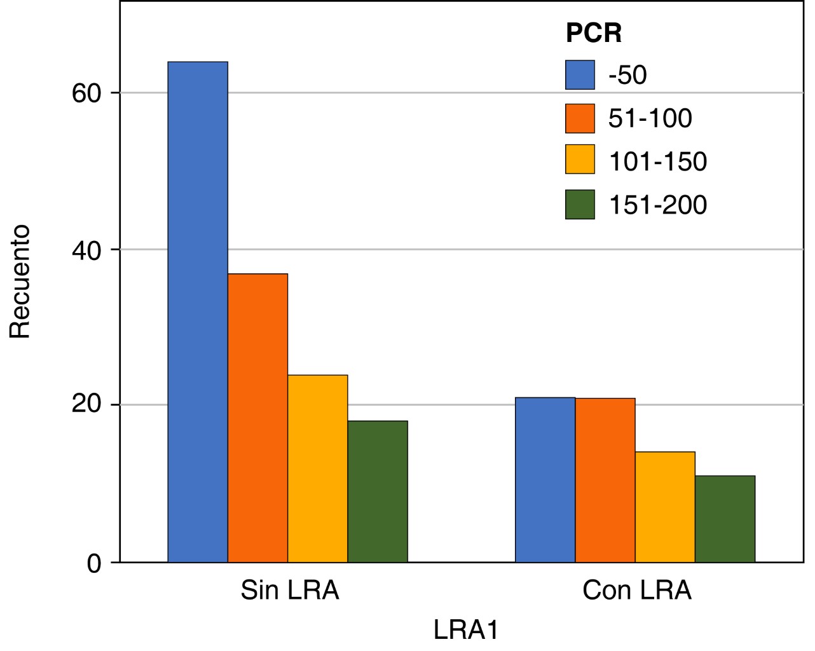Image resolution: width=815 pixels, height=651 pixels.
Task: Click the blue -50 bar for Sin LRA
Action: (x=198, y=312)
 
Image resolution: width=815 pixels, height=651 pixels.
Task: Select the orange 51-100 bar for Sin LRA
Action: (x=257, y=418)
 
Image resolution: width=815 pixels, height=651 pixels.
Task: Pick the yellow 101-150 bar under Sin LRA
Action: (x=317, y=469)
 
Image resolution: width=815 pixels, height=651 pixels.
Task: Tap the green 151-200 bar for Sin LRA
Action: (x=378, y=491)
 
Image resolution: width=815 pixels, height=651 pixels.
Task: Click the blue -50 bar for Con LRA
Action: (x=545, y=479)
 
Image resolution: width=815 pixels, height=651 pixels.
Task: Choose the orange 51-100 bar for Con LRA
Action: (x=605, y=480)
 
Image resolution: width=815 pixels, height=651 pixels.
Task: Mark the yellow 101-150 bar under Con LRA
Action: (x=665, y=507)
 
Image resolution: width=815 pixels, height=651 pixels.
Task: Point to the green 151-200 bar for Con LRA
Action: (x=725, y=519)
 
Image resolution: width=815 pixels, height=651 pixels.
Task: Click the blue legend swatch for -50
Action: (x=580, y=75)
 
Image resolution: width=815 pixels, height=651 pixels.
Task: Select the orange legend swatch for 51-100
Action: (x=580, y=119)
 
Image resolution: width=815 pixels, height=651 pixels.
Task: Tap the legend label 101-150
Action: (x=657, y=161)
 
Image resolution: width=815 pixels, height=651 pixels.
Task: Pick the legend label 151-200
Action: (x=657, y=205)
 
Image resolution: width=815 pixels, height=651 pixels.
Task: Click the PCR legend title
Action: (x=593, y=33)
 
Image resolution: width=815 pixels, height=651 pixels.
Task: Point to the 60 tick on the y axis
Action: (x=86, y=93)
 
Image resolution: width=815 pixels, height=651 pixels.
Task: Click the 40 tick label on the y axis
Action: (x=86, y=250)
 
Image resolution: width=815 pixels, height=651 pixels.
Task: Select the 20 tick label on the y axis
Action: (x=86, y=405)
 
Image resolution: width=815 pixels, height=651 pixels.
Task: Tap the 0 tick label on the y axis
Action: (x=94, y=563)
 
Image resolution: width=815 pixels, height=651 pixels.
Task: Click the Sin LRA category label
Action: (x=290, y=591)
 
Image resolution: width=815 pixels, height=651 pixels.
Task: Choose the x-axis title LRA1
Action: (x=466, y=630)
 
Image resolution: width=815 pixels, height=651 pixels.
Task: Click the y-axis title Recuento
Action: (x=20, y=280)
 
